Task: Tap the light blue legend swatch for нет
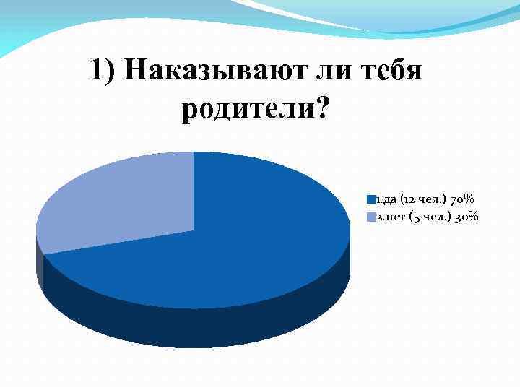click(371, 217)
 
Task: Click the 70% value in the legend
click(460, 199)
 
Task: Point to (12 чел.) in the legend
click(420, 199)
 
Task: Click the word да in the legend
click(388, 199)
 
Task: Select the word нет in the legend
click(393, 217)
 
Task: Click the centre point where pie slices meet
click(194, 230)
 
